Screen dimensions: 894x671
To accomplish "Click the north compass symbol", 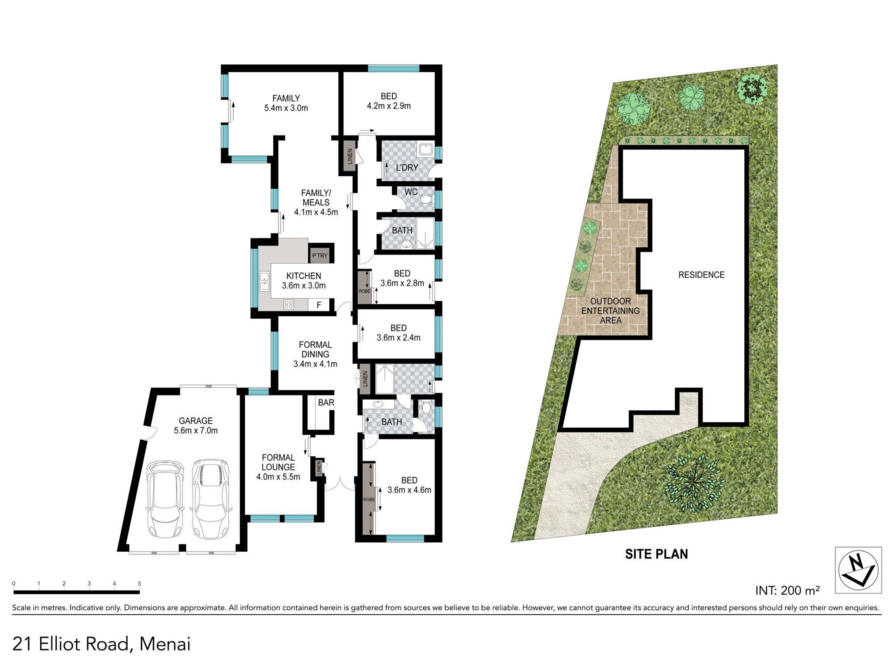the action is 858,570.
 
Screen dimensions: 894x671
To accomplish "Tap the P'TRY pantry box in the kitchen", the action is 320,255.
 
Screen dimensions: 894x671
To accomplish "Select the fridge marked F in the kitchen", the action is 319,305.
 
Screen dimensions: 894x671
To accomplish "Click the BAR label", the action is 326,402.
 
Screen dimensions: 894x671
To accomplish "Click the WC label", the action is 411,192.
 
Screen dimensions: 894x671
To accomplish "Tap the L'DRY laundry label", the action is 407,167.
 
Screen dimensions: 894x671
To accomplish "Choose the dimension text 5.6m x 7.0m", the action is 196,431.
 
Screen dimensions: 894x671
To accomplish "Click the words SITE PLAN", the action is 656,554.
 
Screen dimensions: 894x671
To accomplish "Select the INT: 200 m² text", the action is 787,590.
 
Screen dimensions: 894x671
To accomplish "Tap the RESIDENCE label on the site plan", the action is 701,275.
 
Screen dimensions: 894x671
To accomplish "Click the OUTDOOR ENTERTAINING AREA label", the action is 610,311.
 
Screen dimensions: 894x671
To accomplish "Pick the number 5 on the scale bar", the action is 139,583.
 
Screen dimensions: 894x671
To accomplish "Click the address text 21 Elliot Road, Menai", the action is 102,644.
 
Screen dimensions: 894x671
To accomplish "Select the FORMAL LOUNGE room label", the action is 278,462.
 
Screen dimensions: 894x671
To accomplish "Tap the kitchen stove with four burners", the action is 289,305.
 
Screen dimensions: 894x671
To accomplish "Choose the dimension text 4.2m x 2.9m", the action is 389,106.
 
